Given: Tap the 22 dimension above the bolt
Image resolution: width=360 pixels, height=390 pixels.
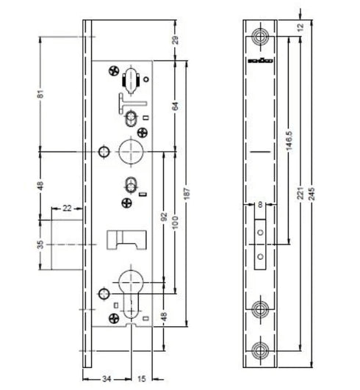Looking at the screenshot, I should [67, 209].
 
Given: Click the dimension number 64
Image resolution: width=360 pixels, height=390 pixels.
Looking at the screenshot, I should [175, 104].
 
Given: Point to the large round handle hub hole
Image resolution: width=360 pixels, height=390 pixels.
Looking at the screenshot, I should [130, 151].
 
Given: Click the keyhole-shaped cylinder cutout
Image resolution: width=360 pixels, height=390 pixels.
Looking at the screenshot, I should [130, 291].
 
